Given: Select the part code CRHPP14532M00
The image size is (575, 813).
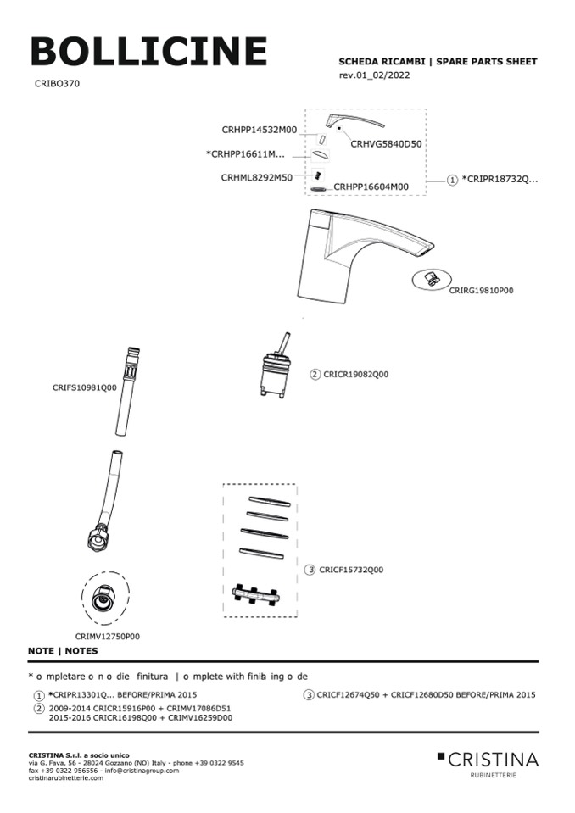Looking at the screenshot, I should pyautogui.click(x=260, y=130).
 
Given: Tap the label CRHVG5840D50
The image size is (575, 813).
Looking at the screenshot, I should pyautogui.click(x=386, y=144).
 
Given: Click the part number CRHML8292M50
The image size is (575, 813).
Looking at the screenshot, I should pyautogui.click(x=257, y=177).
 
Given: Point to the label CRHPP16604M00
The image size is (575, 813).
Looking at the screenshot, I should pyautogui.click(x=371, y=187).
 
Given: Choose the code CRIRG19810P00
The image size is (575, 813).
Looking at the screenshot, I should pyautogui.click(x=481, y=290).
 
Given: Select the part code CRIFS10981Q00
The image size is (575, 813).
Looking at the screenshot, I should pyautogui.click(x=85, y=387).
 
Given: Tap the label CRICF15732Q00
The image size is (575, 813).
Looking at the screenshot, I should pyautogui.click(x=351, y=570).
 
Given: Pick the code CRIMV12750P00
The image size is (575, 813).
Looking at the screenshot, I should pyautogui.click(x=107, y=636).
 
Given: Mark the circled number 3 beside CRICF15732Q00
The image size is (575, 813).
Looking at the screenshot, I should pyautogui.click(x=311, y=570).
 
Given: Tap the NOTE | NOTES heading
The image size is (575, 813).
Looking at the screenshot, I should pyautogui.click(x=63, y=651).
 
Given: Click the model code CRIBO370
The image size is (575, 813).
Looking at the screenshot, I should pyautogui.click(x=58, y=84).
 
